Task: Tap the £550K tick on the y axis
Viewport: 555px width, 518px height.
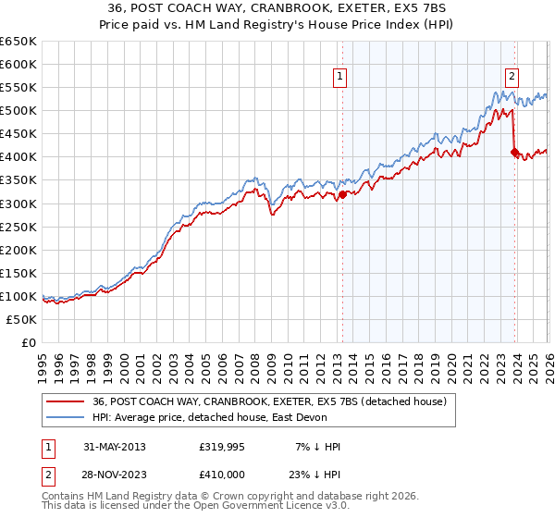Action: [x=18, y=88]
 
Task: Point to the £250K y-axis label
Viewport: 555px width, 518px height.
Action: [x=18, y=227]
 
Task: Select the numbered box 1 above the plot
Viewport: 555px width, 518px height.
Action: [x=341, y=77]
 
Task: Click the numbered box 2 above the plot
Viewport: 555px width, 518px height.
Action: [x=512, y=77]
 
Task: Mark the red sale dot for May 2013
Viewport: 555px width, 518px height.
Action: [x=342, y=194]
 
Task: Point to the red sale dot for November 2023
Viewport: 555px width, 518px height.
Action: [x=514, y=153]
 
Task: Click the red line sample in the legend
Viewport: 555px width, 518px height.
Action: [x=66, y=401]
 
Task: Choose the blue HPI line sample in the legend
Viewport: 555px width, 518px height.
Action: [x=66, y=417]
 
